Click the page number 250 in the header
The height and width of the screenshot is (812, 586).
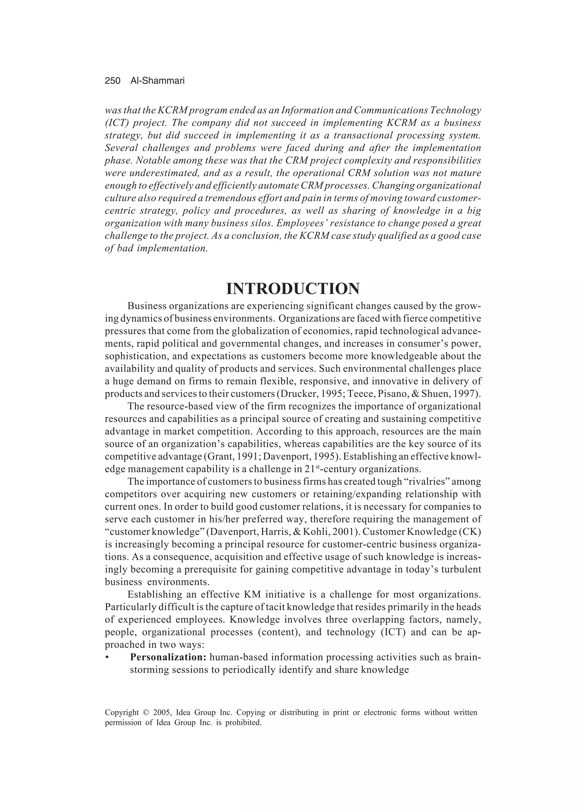coord(112,81)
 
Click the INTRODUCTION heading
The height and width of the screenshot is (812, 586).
coord(293,289)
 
